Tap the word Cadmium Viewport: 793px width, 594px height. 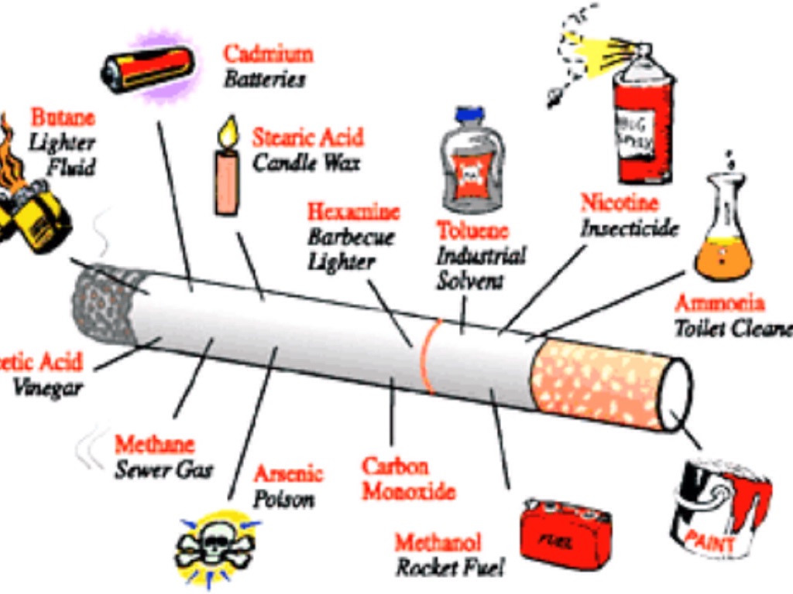pos(268,54)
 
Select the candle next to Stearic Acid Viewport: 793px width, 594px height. pos(226,181)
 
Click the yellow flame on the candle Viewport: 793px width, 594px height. pos(228,133)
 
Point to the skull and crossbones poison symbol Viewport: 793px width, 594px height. pos(216,546)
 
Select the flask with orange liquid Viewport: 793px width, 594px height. pos(722,232)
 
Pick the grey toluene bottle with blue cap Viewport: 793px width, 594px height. pos(472,162)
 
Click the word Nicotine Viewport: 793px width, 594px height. pos(620,203)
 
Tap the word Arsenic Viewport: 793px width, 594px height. pos(287,473)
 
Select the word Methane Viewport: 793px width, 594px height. pos(155,445)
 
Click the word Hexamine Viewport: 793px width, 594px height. pos(353,211)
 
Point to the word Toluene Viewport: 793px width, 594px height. pos(472,230)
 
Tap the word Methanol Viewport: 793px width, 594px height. pos(438,542)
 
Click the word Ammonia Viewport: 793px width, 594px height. pos(719,303)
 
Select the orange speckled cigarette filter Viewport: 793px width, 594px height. pos(600,383)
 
